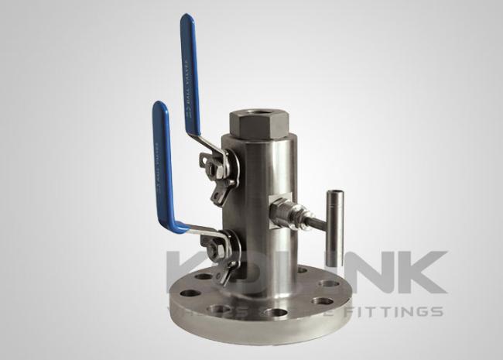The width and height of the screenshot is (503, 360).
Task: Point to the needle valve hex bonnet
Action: tap(282, 211)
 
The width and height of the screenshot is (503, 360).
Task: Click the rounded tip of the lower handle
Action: tap(159, 107)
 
